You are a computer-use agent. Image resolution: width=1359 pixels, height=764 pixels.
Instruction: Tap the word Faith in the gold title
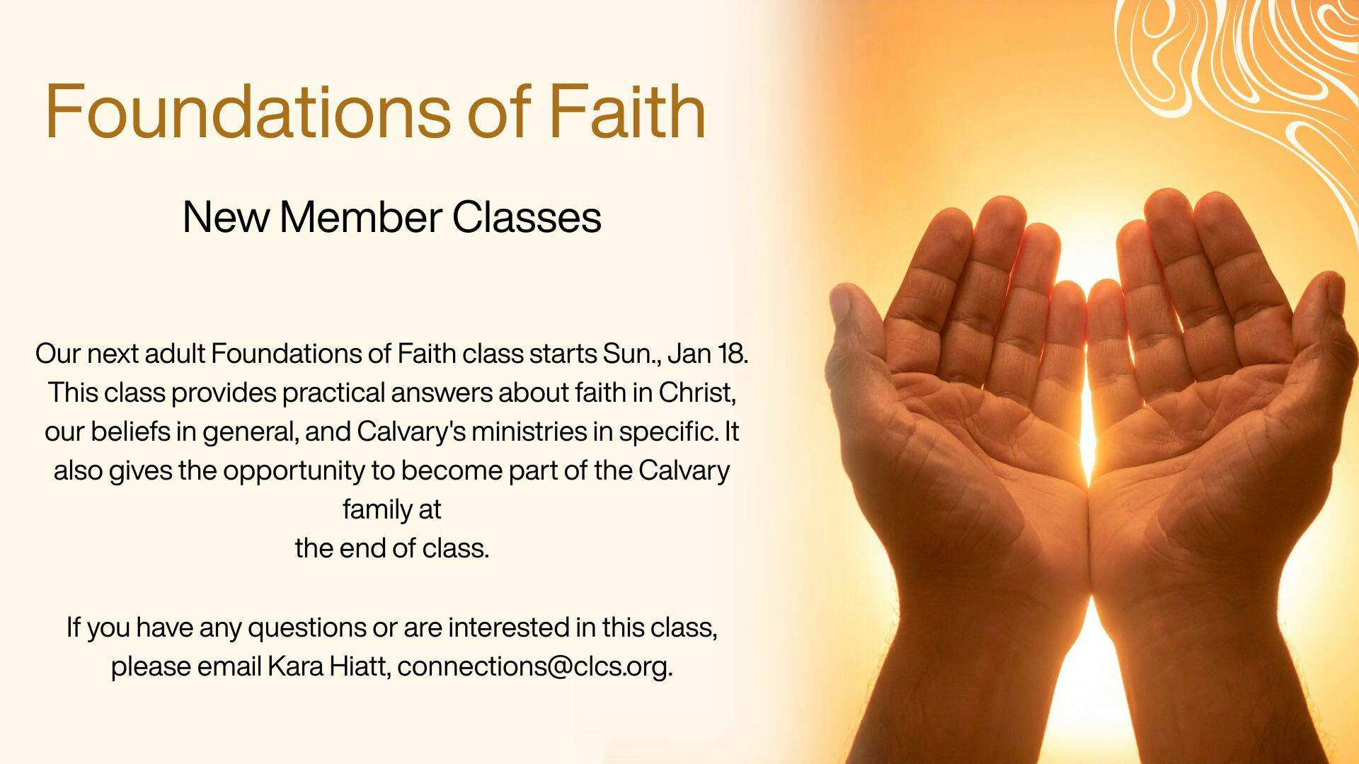point(628,112)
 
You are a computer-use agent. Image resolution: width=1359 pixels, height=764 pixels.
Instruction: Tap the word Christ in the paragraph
point(697,392)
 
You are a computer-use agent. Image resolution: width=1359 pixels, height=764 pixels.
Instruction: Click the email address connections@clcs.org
point(534,666)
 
